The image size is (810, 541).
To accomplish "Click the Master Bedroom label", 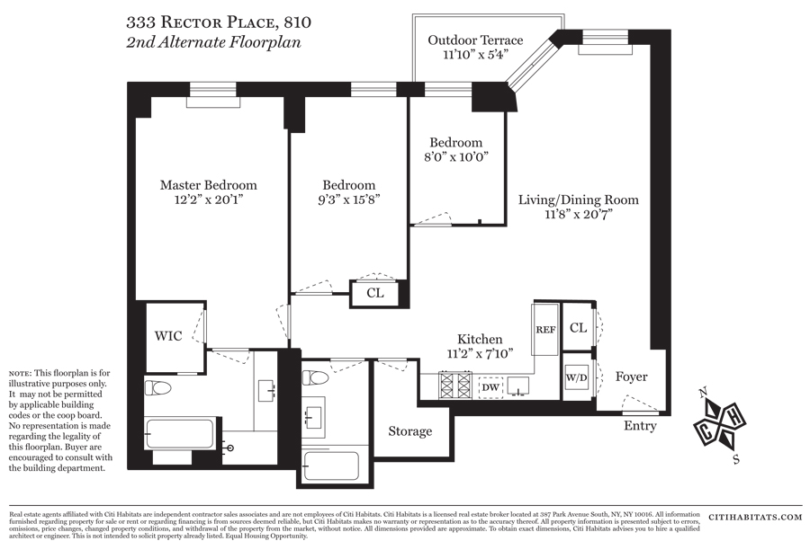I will click(208, 185).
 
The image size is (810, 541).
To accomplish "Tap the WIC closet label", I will click(168, 336).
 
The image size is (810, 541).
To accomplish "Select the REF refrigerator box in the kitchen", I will click(545, 330).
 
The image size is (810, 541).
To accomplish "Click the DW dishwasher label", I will click(490, 387).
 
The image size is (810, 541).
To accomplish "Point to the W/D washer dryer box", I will click(576, 377).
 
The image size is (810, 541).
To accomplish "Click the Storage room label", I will click(409, 431).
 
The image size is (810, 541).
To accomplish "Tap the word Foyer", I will click(631, 377).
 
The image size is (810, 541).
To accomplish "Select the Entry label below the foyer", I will click(640, 426).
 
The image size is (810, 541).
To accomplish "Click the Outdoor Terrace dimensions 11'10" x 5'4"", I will click(475, 54).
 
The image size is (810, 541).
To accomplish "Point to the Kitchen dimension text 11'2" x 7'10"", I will click(480, 352).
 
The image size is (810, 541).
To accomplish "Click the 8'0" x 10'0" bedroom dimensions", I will click(455, 156).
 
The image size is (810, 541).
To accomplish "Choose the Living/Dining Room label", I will click(578, 200).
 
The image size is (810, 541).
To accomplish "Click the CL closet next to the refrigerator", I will click(578, 329).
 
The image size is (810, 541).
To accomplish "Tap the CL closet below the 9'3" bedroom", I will click(374, 293).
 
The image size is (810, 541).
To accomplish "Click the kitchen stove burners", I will click(455, 386).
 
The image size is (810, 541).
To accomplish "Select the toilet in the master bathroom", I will click(159, 389).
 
